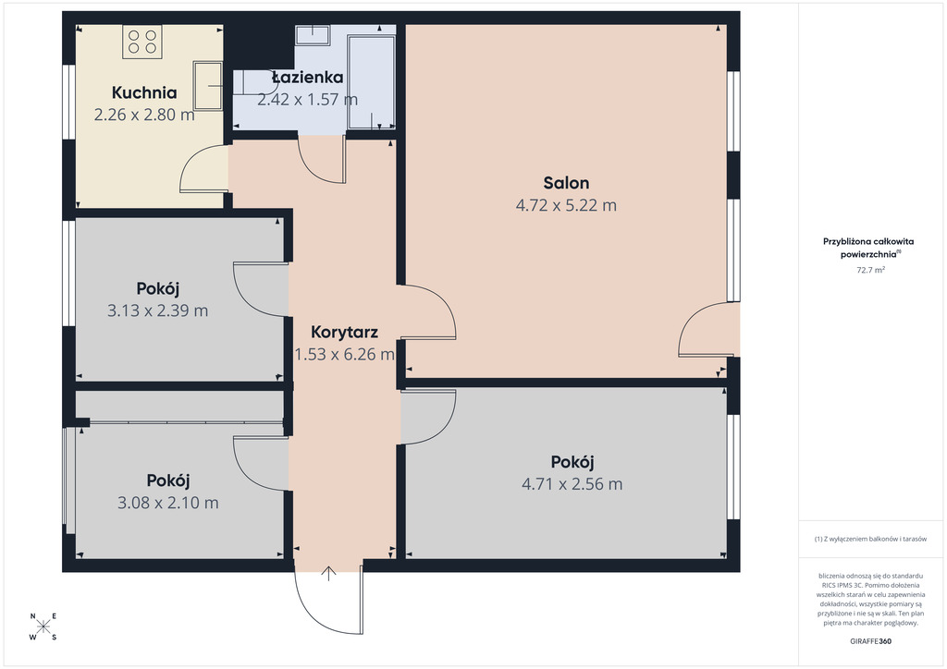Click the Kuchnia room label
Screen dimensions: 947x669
click(144, 92)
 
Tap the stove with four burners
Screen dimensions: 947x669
click(142, 42)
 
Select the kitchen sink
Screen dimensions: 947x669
click(208, 86)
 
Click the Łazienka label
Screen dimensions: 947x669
click(307, 78)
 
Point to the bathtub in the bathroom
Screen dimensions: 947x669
click(371, 80)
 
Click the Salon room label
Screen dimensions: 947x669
click(566, 183)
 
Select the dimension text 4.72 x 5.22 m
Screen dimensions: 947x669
click(566, 205)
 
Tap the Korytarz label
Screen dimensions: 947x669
click(344, 332)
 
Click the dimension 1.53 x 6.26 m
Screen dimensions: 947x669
click(344, 354)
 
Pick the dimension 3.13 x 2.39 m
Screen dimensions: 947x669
click(157, 310)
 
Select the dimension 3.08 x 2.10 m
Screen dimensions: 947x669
click(168, 503)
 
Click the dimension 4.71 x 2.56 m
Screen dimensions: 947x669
click(572, 484)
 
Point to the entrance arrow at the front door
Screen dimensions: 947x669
click(328, 574)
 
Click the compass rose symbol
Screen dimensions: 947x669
click(43, 626)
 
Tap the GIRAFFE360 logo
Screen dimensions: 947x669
click(870, 641)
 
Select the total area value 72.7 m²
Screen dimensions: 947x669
click(870, 270)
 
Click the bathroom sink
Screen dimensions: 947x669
click(313, 34)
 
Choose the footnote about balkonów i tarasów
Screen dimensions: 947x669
click(870, 539)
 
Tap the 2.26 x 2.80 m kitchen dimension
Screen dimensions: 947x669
click(144, 115)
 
